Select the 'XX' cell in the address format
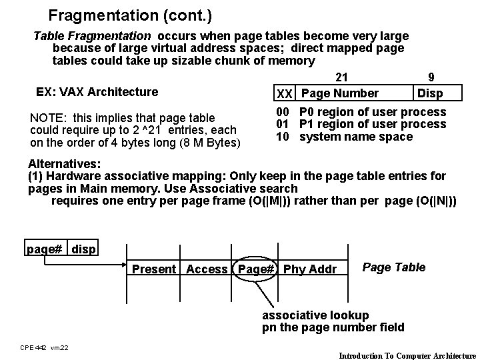click(x=285, y=93)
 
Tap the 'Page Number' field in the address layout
click(x=339, y=93)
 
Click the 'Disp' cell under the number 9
click(x=429, y=93)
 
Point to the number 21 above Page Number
click(x=342, y=78)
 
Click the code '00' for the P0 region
click(x=283, y=112)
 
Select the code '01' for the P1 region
click(x=283, y=124)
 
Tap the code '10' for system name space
click(x=283, y=137)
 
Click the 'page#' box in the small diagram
click(x=45, y=249)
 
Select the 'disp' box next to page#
click(x=83, y=249)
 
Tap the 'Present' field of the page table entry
click(x=154, y=269)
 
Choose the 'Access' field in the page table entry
click(x=207, y=269)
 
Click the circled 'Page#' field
click(x=257, y=269)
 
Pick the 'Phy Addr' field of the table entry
click(x=310, y=269)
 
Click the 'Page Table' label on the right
click(x=393, y=267)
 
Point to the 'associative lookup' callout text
click(x=315, y=315)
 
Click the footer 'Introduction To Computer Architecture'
click(x=407, y=355)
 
